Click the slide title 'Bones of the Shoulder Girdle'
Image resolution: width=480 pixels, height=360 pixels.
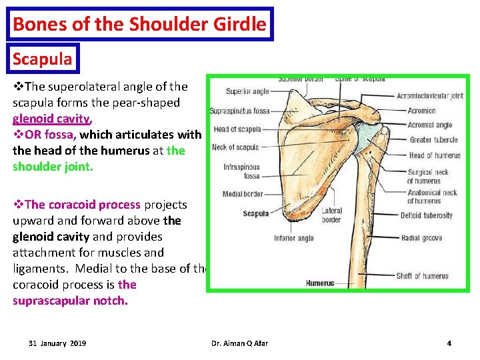click(139, 25)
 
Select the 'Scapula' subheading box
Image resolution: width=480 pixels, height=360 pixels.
click(43, 59)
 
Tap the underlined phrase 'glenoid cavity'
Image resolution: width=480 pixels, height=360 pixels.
click(51, 119)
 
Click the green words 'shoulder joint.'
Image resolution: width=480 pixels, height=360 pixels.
click(53, 167)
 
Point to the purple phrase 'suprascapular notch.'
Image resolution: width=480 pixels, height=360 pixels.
click(70, 301)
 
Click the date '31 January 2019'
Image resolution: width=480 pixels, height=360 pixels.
click(57, 343)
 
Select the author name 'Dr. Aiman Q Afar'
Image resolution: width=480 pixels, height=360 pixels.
click(239, 343)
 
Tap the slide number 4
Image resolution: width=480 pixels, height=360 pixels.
click(449, 343)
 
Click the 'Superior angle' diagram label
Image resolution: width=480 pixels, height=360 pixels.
click(247, 91)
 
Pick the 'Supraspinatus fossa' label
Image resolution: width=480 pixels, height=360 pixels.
click(239, 111)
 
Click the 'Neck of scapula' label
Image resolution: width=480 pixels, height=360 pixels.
click(235, 147)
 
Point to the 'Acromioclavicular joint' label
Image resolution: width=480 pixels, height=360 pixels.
click(429, 96)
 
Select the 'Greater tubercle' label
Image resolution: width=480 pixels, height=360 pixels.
click(433, 140)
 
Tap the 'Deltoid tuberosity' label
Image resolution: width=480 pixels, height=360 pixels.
click(427, 215)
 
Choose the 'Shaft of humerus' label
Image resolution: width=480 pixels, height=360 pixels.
click(423, 276)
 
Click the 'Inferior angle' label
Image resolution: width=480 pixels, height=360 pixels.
click(294, 238)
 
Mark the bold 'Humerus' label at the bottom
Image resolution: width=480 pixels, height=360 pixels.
click(320, 283)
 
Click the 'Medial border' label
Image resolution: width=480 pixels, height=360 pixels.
click(243, 195)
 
